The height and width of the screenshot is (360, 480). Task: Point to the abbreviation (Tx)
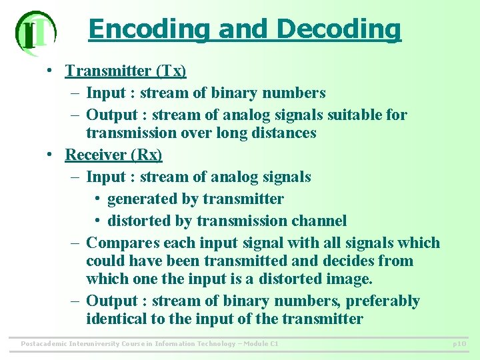(x=171, y=71)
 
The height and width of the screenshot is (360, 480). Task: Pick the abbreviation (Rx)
(x=147, y=155)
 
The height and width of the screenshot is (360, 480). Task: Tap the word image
(x=349, y=279)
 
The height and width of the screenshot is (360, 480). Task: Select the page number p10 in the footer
(x=459, y=344)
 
